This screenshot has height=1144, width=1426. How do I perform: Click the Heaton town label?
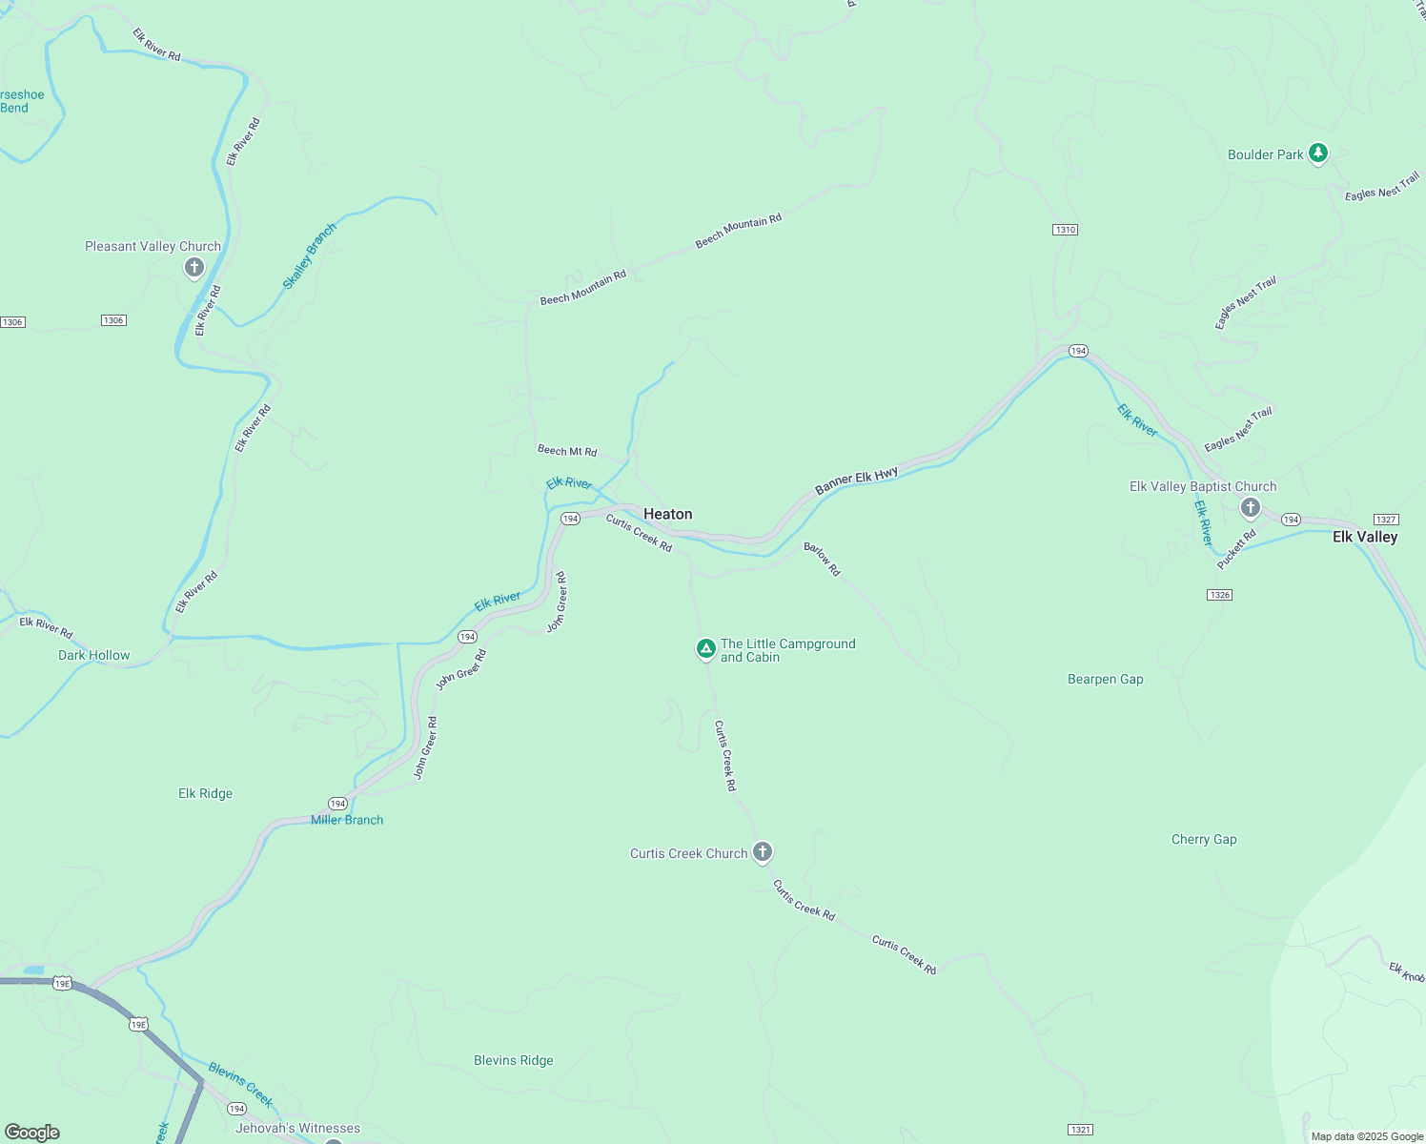[x=667, y=514]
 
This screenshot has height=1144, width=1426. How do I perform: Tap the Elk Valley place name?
[x=1364, y=537]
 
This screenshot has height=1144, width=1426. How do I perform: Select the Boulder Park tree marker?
[x=1318, y=153]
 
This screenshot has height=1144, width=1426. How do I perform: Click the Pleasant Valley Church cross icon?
[x=194, y=267]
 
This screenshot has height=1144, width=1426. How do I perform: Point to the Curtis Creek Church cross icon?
[x=763, y=851]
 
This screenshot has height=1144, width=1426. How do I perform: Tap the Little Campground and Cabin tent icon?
[x=705, y=649]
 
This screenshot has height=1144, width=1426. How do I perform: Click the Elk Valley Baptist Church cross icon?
[x=1251, y=507]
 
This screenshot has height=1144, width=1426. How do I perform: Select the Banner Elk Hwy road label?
[x=856, y=481]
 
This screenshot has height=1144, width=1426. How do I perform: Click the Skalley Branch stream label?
[x=310, y=256]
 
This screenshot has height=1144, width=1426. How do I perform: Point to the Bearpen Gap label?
[x=1105, y=680]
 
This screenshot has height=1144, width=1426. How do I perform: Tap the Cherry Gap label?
[x=1204, y=840]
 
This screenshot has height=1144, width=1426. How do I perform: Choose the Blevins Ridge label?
[x=513, y=1060]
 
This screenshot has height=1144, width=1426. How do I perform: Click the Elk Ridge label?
[x=205, y=793]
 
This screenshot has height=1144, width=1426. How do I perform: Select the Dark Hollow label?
[x=93, y=655]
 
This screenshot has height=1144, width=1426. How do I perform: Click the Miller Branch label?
[x=347, y=820]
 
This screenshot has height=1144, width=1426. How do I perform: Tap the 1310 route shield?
[x=1065, y=230]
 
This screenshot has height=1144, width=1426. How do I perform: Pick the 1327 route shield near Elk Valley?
[x=1386, y=520]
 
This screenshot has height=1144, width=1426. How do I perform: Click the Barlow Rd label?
[x=822, y=559]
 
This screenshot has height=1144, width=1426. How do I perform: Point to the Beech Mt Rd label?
[x=567, y=450]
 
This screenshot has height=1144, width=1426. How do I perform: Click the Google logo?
[x=32, y=1132]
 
